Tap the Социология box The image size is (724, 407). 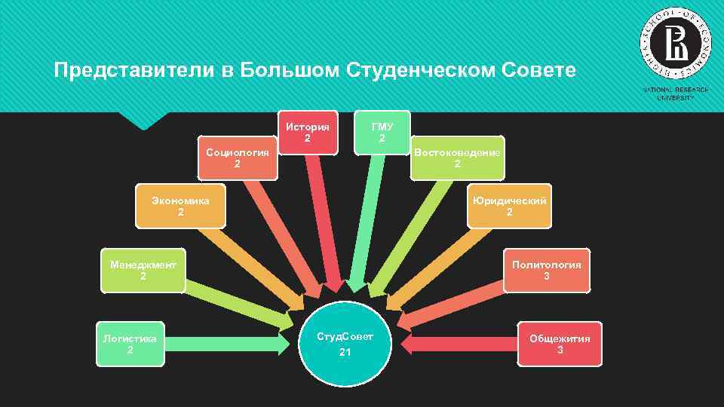(238, 158)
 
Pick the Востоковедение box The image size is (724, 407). (457, 158)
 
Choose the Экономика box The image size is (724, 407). (180, 206)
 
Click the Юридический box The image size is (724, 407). (509, 206)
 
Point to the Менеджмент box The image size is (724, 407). (143, 270)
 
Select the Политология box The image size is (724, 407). (547, 270)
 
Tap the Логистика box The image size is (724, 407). (130, 344)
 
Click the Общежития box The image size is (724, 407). (560, 344)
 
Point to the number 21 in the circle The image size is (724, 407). (345, 353)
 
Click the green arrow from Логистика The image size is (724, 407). (226, 344)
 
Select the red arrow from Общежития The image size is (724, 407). (460, 344)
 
